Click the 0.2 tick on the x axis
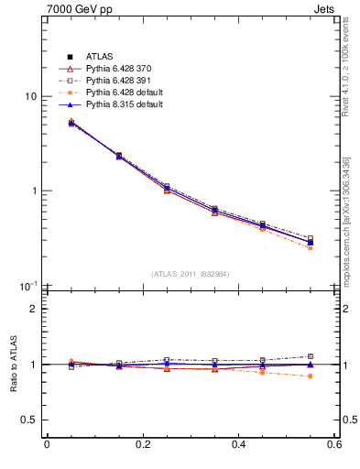pyautogui.click(x=142, y=445)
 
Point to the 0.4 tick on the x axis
pyautogui.click(x=238, y=445)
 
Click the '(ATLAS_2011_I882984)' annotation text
pyautogui.click(x=191, y=274)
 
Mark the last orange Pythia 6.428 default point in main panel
pyautogui.click(x=311, y=248)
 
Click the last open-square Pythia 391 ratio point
pyautogui.click(x=311, y=356)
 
